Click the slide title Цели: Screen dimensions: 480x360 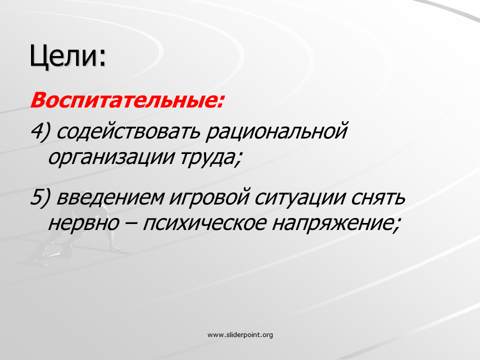67,56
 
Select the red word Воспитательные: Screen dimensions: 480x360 127,100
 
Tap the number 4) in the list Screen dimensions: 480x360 40,131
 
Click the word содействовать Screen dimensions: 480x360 128,131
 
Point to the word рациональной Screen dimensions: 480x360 276,132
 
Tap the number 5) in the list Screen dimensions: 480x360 40,197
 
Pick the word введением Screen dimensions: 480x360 110,197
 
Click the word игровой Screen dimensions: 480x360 209,197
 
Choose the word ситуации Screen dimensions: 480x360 300,197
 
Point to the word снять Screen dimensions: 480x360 378,197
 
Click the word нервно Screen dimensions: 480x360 83,223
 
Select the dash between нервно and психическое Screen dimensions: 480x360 131,223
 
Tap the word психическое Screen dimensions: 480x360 205,223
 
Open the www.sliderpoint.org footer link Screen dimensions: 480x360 240,334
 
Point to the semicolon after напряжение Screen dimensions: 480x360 396,225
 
